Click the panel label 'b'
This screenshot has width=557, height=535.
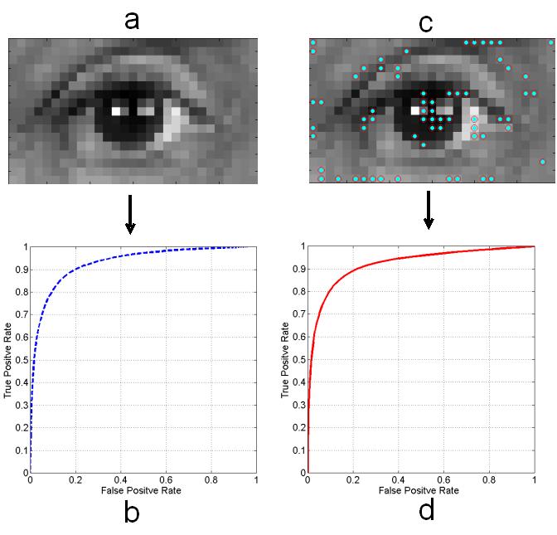pyautogui.click(x=132, y=512)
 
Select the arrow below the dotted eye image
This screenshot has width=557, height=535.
pyautogui.click(x=429, y=211)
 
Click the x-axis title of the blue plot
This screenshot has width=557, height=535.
pyautogui.click(x=143, y=490)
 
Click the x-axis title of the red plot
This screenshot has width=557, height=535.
pyautogui.click(x=420, y=491)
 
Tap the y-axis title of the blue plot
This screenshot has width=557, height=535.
pyautogui.click(x=7, y=359)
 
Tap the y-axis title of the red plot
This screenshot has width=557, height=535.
pyautogui.click(x=285, y=359)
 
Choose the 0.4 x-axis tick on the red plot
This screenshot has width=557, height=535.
pyautogui.click(x=398, y=479)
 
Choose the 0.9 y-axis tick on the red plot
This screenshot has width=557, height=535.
pyautogui.click(x=300, y=270)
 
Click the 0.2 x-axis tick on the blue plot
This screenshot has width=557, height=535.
pyautogui.click(x=75, y=479)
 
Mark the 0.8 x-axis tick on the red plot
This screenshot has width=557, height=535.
pyautogui.click(x=488, y=479)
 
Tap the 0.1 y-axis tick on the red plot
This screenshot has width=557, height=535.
pyautogui.click(x=300, y=450)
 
